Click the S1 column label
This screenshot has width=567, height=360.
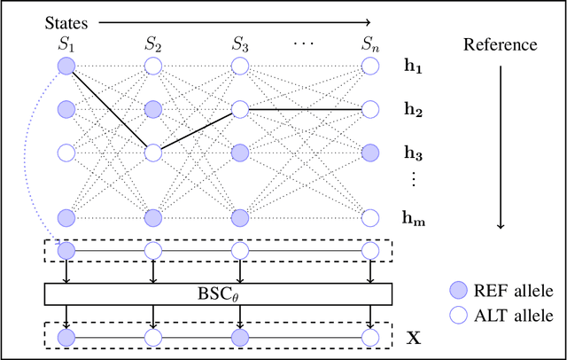[x=66, y=43]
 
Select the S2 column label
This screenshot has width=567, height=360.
[x=152, y=43]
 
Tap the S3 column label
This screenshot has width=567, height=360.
[x=239, y=43]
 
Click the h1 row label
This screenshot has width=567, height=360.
[x=413, y=67]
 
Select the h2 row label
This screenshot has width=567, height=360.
[x=413, y=110]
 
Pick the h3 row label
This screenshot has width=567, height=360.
[x=413, y=153]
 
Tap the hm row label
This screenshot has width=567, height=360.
[x=413, y=217]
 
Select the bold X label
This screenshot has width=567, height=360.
[x=412, y=338]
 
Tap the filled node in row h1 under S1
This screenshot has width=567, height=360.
[x=66, y=67]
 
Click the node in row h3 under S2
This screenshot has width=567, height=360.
[x=152, y=153]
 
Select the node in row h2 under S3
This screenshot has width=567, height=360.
[x=239, y=110]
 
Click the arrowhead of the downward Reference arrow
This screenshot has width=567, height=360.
[x=501, y=227]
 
